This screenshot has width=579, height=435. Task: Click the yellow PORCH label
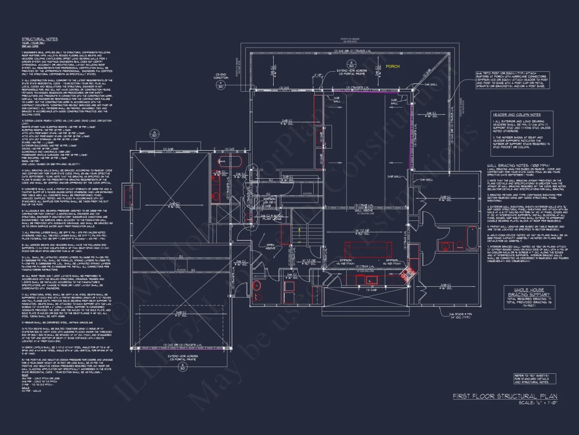click(393, 67)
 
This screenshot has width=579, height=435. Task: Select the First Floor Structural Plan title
click(505, 396)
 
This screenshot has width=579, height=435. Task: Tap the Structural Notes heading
click(39, 39)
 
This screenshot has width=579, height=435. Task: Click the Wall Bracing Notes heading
click(512, 165)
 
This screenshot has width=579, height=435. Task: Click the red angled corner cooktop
click(407, 274)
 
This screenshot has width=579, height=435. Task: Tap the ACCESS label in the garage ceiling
click(182, 269)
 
